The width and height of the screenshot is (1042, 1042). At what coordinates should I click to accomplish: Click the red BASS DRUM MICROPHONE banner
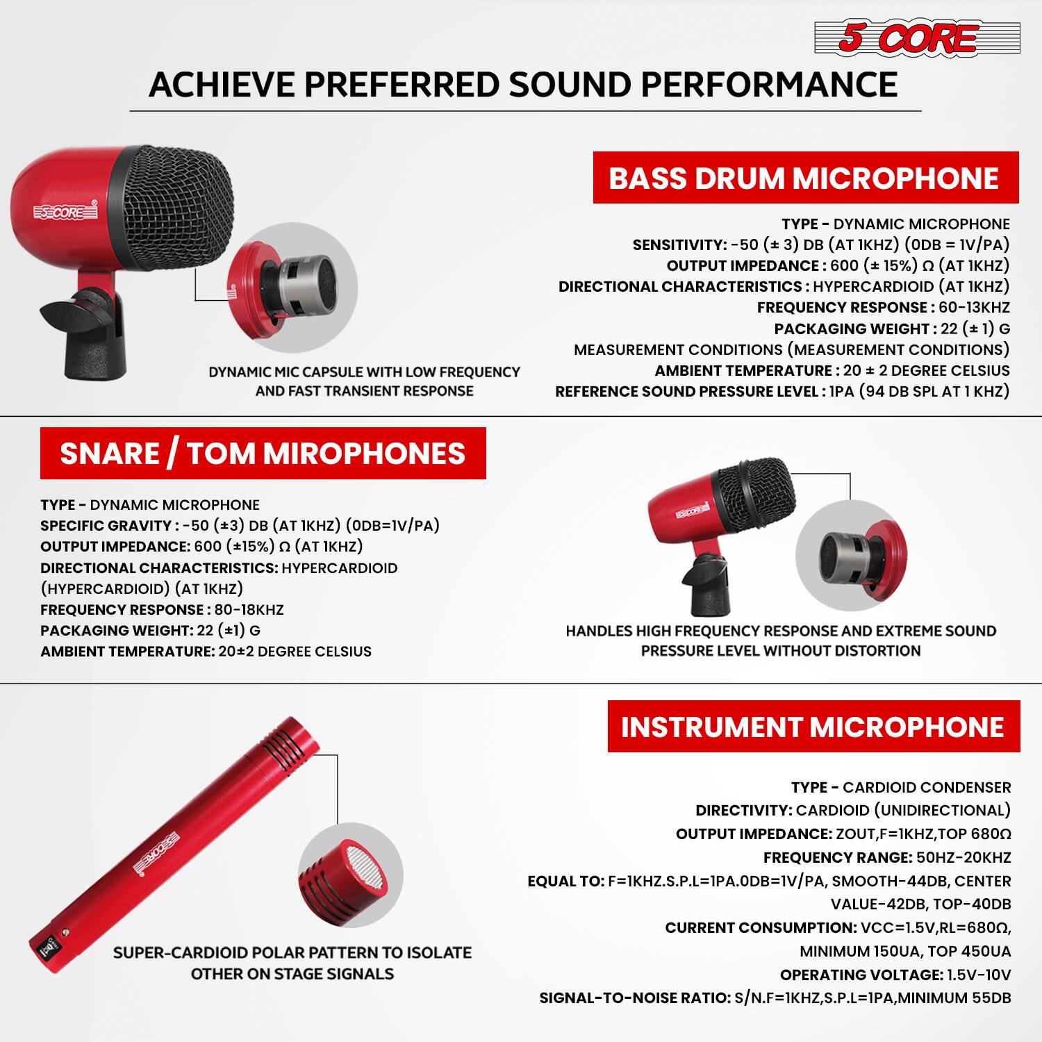(x=805, y=178)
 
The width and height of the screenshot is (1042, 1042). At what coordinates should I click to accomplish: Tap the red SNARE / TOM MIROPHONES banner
(x=263, y=454)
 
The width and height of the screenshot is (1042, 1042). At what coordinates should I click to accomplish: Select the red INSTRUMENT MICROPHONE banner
(x=813, y=727)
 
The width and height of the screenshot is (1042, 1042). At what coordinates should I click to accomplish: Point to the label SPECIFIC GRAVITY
(x=106, y=526)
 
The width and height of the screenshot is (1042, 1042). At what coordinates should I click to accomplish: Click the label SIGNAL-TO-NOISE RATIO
(x=635, y=998)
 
